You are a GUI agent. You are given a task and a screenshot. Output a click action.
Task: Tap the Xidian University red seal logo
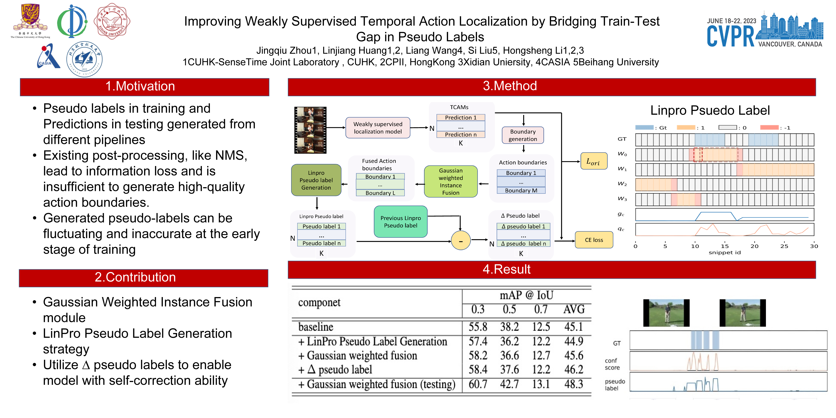point(112,21)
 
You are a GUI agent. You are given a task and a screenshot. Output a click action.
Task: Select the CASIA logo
point(48,57)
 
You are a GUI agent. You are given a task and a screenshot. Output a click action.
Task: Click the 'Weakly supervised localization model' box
point(378,128)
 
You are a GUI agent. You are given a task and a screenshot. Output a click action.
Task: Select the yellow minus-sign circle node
point(460,241)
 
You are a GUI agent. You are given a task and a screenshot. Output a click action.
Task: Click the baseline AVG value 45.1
point(573,327)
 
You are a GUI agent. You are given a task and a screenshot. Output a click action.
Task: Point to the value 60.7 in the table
point(478,384)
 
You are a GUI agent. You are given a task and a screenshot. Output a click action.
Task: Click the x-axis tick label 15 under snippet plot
point(725,246)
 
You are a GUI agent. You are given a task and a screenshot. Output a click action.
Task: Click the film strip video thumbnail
point(310,130)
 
